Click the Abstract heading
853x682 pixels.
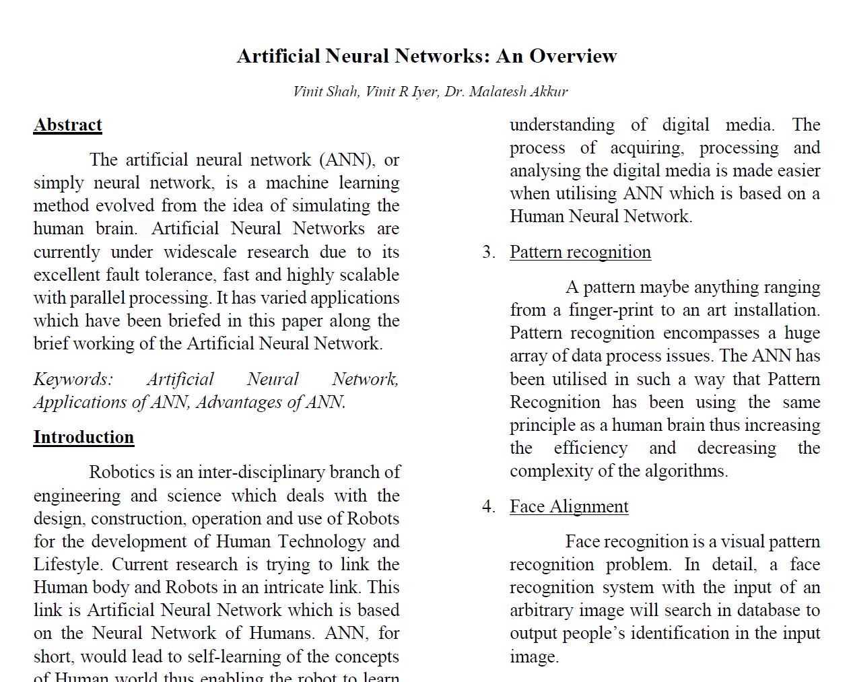[x=68, y=125]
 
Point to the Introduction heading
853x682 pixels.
[x=83, y=438]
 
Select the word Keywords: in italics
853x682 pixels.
[x=73, y=379]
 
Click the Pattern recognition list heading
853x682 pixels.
[x=580, y=252]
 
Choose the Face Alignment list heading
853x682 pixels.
[x=569, y=506]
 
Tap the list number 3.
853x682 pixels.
[x=488, y=252]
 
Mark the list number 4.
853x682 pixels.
[x=488, y=506]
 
